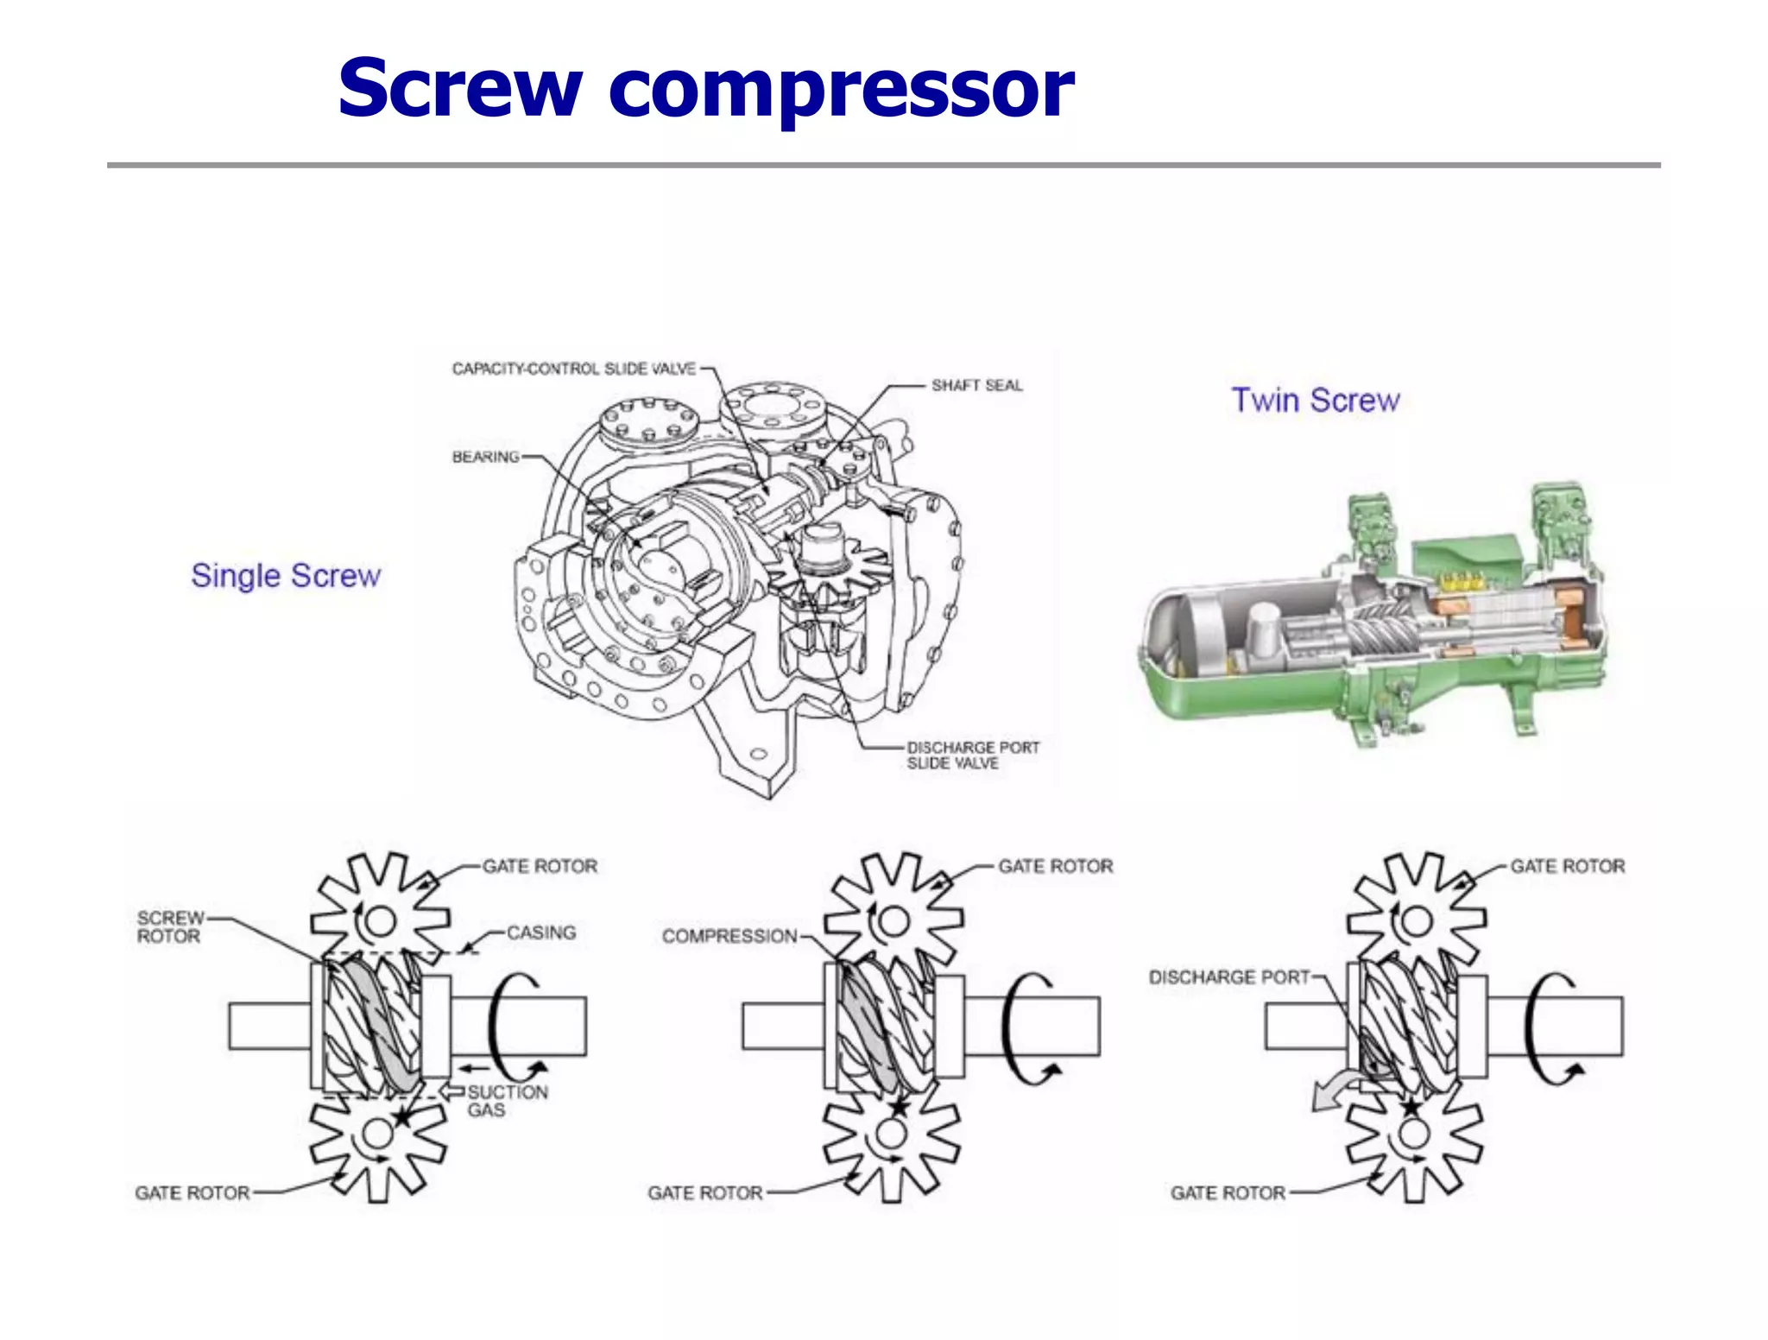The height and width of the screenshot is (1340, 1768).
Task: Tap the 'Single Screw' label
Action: [x=286, y=576]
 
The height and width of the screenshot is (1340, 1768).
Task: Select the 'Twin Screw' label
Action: [x=1315, y=401]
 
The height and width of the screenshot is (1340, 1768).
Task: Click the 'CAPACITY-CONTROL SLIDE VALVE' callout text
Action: [x=574, y=369]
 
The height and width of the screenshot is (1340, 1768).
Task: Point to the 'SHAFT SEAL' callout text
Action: [x=976, y=385]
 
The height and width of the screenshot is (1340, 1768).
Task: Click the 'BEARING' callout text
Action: [x=486, y=457]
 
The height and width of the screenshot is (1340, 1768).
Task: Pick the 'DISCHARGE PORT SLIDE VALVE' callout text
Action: [x=972, y=755]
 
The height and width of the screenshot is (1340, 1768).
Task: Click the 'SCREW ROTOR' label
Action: [x=169, y=927]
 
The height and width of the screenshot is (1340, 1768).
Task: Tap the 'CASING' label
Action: [x=541, y=932]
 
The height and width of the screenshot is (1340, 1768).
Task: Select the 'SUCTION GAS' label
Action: [x=507, y=1101]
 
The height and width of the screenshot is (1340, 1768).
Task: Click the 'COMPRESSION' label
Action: [x=729, y=936]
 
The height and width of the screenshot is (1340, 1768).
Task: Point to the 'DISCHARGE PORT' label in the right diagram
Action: [x=1228, y=977]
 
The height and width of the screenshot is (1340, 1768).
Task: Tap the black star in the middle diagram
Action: [x=899, y=1106]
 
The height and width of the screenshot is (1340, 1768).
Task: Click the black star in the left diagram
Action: [x=402, y=1116]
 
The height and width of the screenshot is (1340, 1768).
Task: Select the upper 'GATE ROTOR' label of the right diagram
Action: [x=1567, y=866]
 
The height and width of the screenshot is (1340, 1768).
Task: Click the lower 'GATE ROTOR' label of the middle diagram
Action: [x=705, y=1193]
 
